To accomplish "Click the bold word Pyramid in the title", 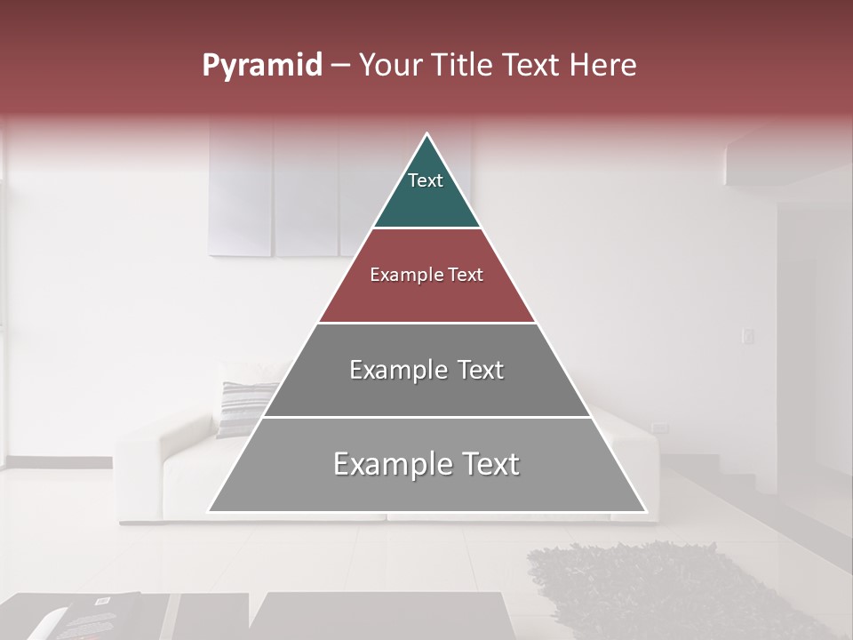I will click(x=262, y=65).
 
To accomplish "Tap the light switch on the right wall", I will click(x=747, y=336).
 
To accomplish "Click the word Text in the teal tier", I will click(x=426, y=180).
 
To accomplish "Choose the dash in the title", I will click(x=340, y=66).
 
